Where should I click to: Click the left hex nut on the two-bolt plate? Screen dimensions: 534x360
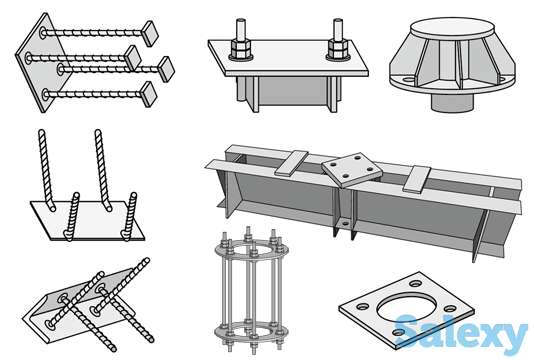click(x=241, y=49)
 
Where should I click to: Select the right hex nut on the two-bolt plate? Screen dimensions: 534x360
click(x=337, y=49)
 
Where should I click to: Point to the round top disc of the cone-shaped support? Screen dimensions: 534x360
click(x=452, y=28)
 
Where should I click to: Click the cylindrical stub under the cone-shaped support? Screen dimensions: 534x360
click(x=452, y=101)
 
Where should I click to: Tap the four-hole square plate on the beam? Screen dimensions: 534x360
click(x=352, y=170)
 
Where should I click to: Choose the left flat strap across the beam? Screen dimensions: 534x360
click(x=291, y=163)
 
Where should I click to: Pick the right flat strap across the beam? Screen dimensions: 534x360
click(x=417, y=179)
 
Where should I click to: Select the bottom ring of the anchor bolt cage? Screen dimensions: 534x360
click(x=251, y=331)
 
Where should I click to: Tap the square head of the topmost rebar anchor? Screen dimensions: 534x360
click(x=150, y=33)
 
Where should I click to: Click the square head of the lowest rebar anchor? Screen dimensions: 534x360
click(x=149, y=94)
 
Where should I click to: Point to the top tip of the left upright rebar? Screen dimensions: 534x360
click(x=41, y=131)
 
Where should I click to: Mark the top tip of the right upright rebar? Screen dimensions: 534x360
click(x=98, y=131)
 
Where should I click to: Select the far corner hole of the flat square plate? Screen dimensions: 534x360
click(x=416, y=283)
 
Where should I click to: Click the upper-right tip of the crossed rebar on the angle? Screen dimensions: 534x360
click(x=146, y=260)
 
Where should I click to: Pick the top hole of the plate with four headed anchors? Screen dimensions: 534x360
click(x=43, y=33)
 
